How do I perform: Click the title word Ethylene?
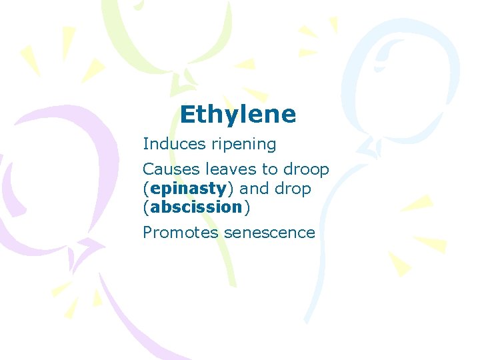(237, 115)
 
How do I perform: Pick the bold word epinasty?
(185, 189)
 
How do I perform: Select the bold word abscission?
(196, 207)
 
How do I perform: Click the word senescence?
(269, 233)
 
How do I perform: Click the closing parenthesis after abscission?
(247, 207)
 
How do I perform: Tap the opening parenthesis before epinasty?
(146, 189)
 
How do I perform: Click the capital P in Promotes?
(147, 233)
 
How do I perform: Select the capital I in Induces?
(145, 144)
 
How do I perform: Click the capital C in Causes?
(148, 169)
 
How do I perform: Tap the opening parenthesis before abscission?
(146, 207)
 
